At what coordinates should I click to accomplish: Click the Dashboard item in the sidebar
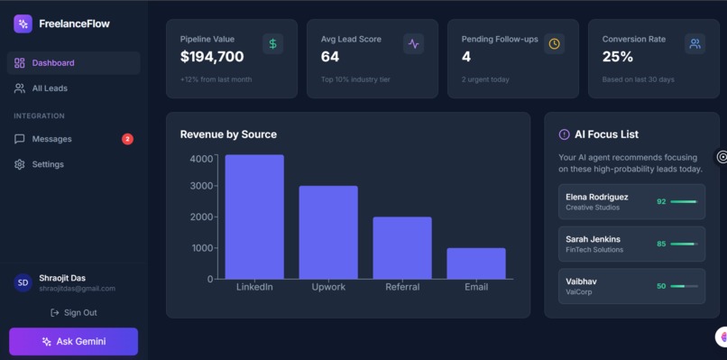tap(53, 63)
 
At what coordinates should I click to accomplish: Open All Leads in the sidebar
tap(50, 88)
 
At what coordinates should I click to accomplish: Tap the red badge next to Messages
tap(127, 139)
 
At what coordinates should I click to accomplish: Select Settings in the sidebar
tap(48, 164)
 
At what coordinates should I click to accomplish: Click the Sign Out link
tap(74, 312)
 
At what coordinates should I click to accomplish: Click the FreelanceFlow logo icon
tap(23, 23)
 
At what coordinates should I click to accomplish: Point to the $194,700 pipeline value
tap(212, 57)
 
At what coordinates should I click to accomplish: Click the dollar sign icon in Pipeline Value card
tap(273, 43)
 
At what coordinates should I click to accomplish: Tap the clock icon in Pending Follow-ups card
tap(554, 43)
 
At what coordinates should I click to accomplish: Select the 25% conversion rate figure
tap(618, 57)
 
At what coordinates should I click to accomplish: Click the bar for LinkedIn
tap(254, 217)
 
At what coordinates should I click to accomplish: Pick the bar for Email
tap(476, 263)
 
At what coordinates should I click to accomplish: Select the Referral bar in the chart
tap(402, 248)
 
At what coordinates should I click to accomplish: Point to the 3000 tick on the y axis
tap(201, 186)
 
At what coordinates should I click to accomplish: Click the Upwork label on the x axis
tap(328, 287)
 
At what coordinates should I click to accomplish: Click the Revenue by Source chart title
tap(228, 134)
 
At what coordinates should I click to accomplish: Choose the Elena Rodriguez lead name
tap(597, 197)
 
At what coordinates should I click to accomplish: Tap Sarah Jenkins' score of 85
tap(661, 244)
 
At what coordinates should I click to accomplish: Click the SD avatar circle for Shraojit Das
tap(23, 282)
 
